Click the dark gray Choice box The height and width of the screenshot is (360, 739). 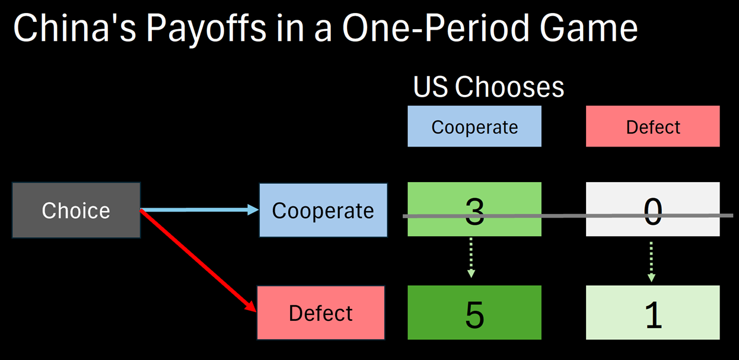click(x=76, y=211)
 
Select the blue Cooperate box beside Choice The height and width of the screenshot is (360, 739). click(x=323, y=211)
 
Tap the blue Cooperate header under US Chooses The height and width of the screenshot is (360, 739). click(x=474, y=126)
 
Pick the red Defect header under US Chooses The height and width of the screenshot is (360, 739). click(x=652, y=126)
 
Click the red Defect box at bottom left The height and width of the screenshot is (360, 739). click(x=321, y=313)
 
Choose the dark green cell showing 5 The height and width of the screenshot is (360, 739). click(x=474, y=313)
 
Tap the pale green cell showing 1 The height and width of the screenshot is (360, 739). click(x=652, y=313)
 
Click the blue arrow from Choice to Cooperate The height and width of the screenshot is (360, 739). click(x=196, y=209)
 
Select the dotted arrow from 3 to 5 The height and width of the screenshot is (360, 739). click(x=471, y=258)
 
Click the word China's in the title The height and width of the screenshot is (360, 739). click(x=75, y=28)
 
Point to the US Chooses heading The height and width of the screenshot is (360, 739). click(x=488, y=87)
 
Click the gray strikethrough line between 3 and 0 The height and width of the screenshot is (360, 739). click(x=563, y=216)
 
